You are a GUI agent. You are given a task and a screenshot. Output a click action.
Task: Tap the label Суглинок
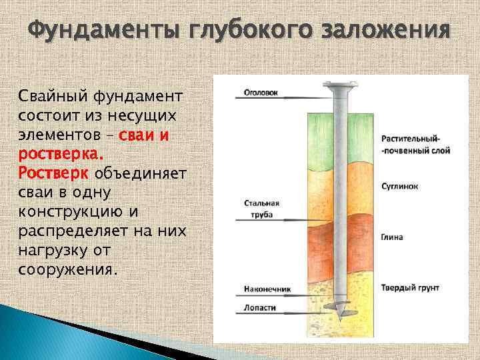point(399,187)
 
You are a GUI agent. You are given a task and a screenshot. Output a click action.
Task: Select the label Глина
point(391,237)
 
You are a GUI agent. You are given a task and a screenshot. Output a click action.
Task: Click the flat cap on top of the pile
point(340,85)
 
